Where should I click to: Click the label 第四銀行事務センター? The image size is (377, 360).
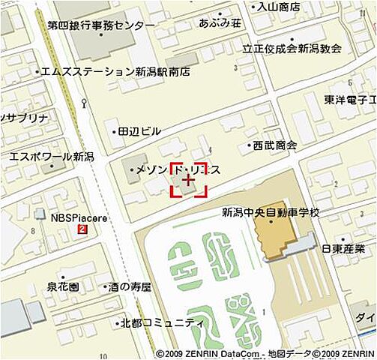[x=101, y=25]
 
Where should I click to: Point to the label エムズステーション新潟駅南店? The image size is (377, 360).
[x=115, y=72]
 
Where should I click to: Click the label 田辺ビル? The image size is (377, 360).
[x=139, y=131]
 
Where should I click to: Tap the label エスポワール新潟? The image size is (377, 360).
[x=51, y=157]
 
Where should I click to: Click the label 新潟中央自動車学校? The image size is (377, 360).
[x=271, y=213]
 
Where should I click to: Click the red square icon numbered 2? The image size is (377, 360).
[x=82, y=229]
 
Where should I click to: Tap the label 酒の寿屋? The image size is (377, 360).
[x=129, y=286]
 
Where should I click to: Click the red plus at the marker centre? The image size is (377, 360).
[x=189, y=180]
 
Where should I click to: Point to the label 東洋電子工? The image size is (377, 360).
[x=351, y=99]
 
